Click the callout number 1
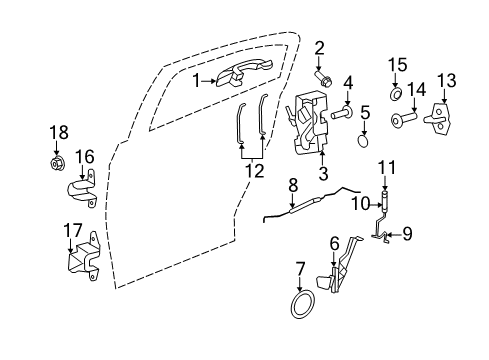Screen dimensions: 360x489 point(197,81)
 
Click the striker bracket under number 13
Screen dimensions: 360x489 point(446,81)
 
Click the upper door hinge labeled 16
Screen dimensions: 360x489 point(82,193)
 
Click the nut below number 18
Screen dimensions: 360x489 point(58,161)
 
